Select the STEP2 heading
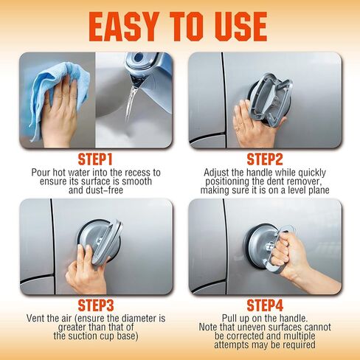[266, 159]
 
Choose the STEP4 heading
[266, 305]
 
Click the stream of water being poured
[131, 103]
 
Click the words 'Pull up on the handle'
[266, 318]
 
